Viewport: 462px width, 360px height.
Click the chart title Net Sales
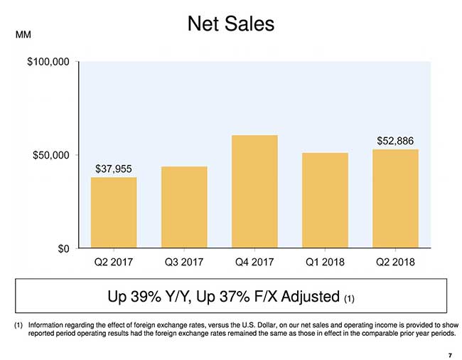tap(230, 24)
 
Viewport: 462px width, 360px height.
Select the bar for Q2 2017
tap(114, 213)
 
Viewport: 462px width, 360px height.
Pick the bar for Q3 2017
tap(184, 207)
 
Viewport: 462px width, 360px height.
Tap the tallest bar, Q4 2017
tap(254, 191)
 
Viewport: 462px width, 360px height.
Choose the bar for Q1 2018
tap(325, 200)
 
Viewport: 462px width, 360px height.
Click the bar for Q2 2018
tap(395, 198)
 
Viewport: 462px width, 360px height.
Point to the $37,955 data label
tap(114, 169)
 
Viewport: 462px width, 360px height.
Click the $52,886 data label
tap(395, 140)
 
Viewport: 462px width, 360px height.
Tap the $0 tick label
tap(63, 248)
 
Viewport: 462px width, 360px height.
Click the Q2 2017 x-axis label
tap(114, 261)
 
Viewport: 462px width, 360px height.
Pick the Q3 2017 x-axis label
tap(184, 261)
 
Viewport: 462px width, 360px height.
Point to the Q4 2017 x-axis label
tap(254, 261)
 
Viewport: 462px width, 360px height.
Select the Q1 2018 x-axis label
tap(325, 261)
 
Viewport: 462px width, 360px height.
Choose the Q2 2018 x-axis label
tap(395, 261)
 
